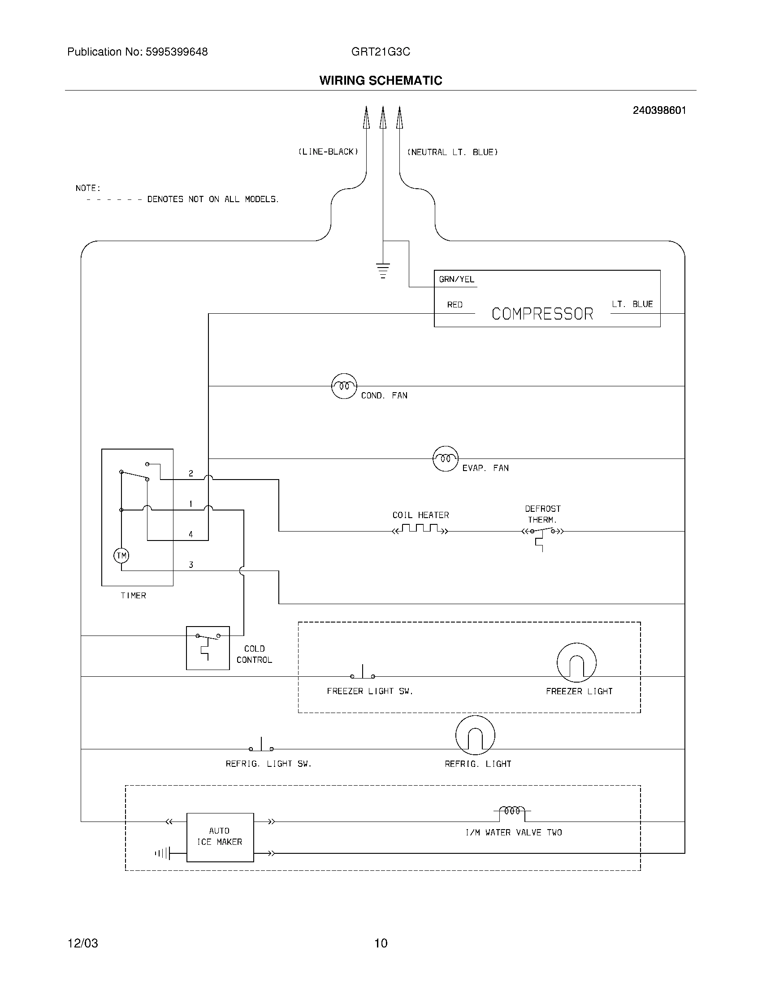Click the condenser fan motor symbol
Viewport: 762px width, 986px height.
[x=344, y=386]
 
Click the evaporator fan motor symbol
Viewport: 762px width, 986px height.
[x=446, y=458]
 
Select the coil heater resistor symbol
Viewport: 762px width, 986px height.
[x=420, y=529]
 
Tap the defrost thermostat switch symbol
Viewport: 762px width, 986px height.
[x=542, y=533]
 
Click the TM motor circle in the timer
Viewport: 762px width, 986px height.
[x=121, y=555]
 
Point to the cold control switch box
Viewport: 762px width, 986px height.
[x=208, y=648]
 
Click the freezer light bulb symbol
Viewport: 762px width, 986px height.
[x=576, y=662]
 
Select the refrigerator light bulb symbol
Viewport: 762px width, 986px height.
[x=475, y=735]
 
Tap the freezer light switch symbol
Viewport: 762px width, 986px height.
[x=363, y=673]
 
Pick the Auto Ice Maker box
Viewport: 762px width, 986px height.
[x=220, y=837]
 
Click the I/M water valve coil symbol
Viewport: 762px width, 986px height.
[x=512, y=811]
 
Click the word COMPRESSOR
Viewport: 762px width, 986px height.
[x=542, y=314]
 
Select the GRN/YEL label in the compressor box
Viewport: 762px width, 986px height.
[x=456, y=280]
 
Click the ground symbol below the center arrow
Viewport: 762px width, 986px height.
[x=383, y=270]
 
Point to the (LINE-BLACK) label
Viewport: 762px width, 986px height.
[x=328, y=152]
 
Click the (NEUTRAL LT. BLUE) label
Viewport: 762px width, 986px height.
[x=452, y=152]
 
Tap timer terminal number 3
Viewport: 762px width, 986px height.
[x=191, y=565]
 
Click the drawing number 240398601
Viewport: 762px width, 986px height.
[x=659, y=110]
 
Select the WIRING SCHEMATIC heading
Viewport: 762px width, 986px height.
[x=381, y=80]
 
